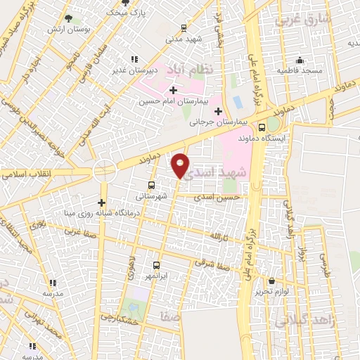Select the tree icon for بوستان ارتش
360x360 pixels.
tap(67, 18)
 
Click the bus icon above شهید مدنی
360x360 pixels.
tap(184, 28)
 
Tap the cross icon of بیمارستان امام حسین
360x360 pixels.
tap(173, 90)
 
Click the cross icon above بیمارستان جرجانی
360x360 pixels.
tap(218, 111)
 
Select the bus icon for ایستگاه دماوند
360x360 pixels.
tap(262, 128)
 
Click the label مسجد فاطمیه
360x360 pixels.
tap(300, 71)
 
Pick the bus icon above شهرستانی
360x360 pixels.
tap(151, 186)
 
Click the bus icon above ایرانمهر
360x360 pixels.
tap(156, 266)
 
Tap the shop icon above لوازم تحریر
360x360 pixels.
tap(272, 281)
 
